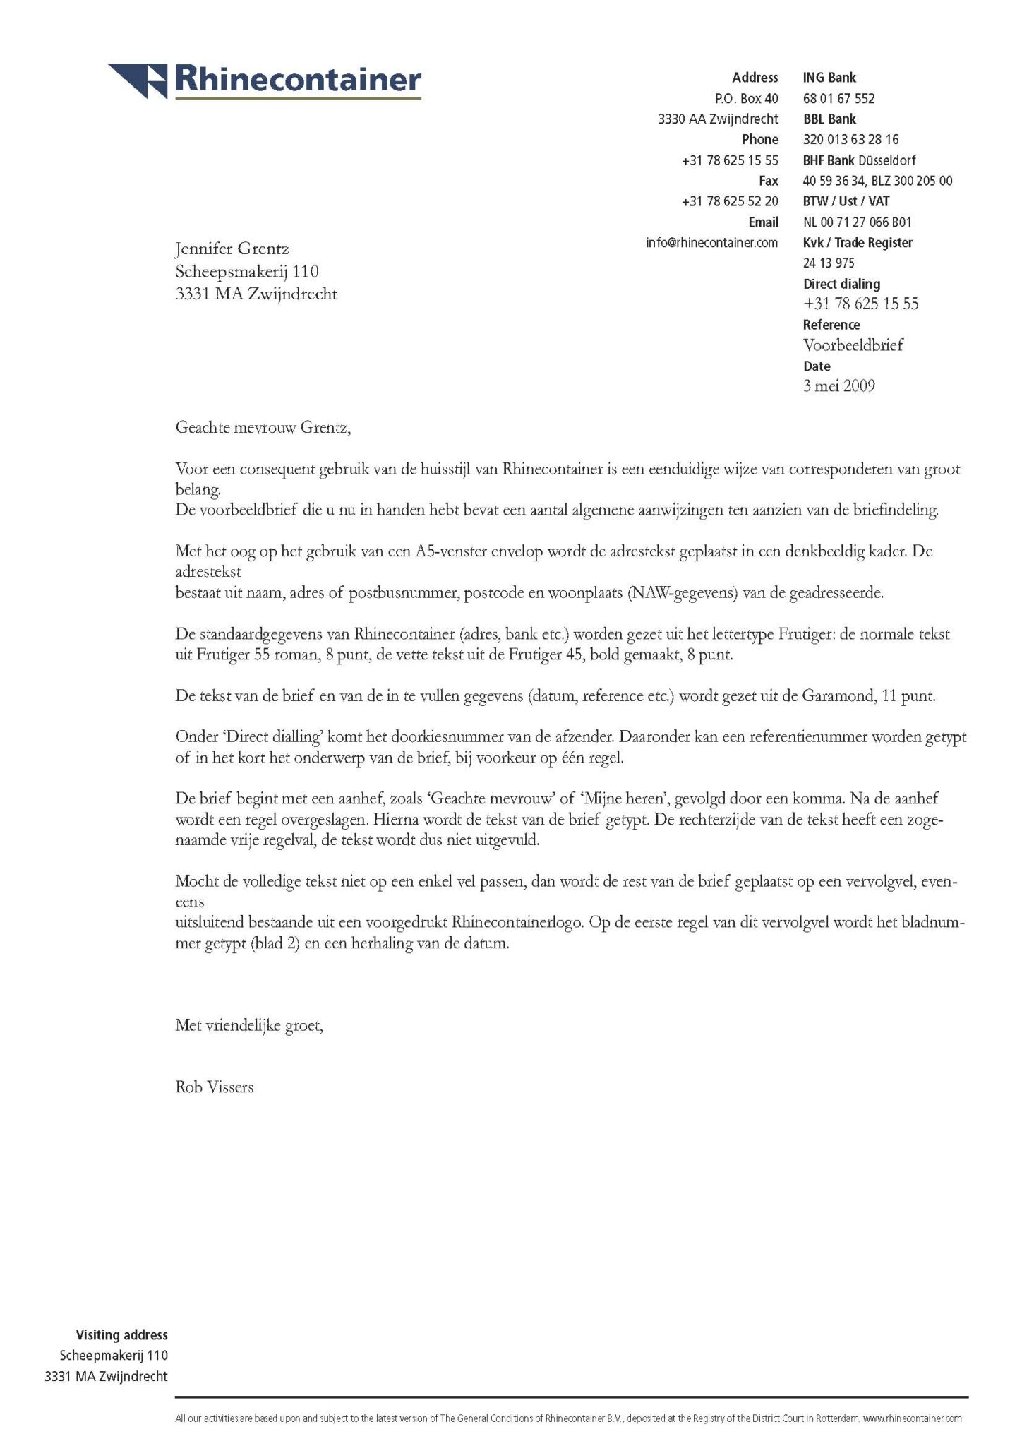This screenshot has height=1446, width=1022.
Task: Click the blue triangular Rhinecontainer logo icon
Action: (x=138, y=79)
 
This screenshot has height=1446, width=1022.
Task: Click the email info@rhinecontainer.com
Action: (x=711, y=243)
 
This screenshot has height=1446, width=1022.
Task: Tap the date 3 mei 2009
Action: (x=838, y=386)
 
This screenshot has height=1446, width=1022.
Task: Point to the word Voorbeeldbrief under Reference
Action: (x=853, y=345)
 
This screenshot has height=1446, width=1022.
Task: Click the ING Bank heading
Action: (x=829, y=78)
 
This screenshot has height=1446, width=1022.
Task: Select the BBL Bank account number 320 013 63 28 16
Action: (x=850, y=140)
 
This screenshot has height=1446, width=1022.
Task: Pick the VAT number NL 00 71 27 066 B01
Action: (x=857, y=222)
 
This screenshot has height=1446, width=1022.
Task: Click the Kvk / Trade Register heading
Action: (x=858, y=243)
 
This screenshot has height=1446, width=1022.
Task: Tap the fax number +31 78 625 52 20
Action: (x=730, y=202)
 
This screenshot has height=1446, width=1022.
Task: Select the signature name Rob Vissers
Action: (x=214, y=1087)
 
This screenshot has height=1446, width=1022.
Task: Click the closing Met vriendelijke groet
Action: (x=248, y=1025)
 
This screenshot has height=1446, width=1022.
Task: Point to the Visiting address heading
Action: (x=121, y=1335)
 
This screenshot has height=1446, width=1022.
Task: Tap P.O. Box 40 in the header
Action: (x=746, y=99)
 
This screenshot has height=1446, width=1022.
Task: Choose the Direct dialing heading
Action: (x=841, y=284)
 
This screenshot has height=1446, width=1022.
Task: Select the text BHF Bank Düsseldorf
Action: (x=859, y=160)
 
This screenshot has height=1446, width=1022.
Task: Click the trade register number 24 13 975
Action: (x=829, y=263)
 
